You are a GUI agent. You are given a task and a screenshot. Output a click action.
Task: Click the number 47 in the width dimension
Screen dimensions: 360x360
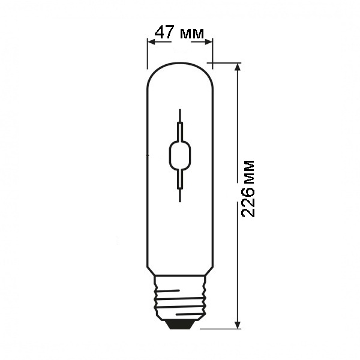coord(164,32)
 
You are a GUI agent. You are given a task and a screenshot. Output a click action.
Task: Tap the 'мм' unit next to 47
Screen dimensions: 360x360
coord(192,34)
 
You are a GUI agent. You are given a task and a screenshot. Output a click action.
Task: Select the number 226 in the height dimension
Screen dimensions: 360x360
coord(248,202)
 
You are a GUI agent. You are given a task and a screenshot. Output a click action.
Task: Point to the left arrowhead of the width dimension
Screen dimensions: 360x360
coord(151,42)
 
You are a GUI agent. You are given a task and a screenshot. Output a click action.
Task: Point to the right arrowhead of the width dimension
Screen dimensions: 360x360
coord(208,42)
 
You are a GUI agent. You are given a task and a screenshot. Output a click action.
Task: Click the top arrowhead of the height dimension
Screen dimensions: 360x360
coord(238,67)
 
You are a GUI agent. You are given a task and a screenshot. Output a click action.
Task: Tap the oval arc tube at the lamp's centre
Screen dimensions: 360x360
coord(180,155)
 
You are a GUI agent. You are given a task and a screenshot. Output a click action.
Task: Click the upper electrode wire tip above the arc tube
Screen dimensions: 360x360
coord(180,110)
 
